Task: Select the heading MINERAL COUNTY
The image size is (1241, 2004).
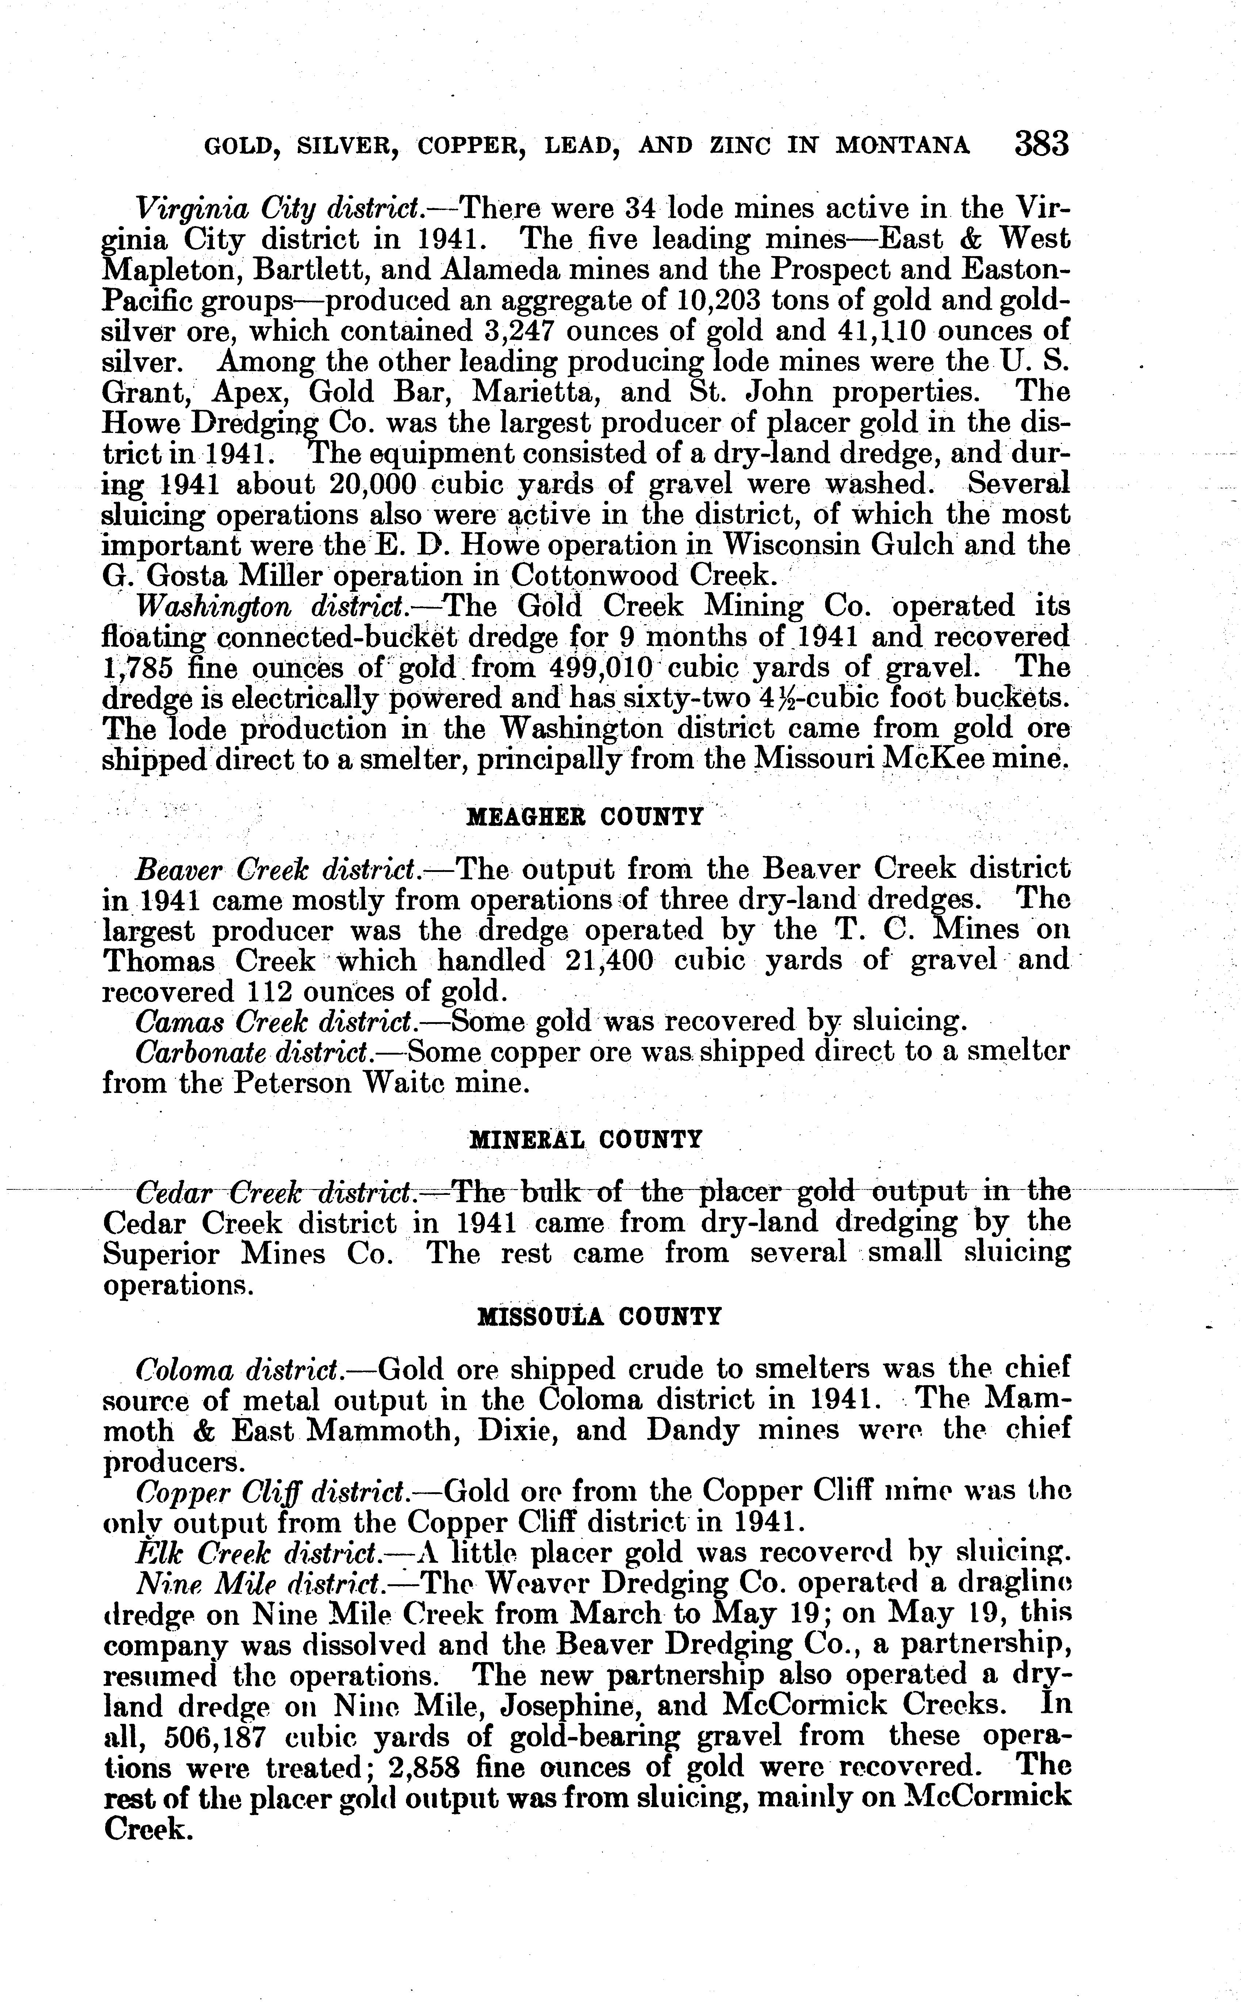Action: pos(585,1139)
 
